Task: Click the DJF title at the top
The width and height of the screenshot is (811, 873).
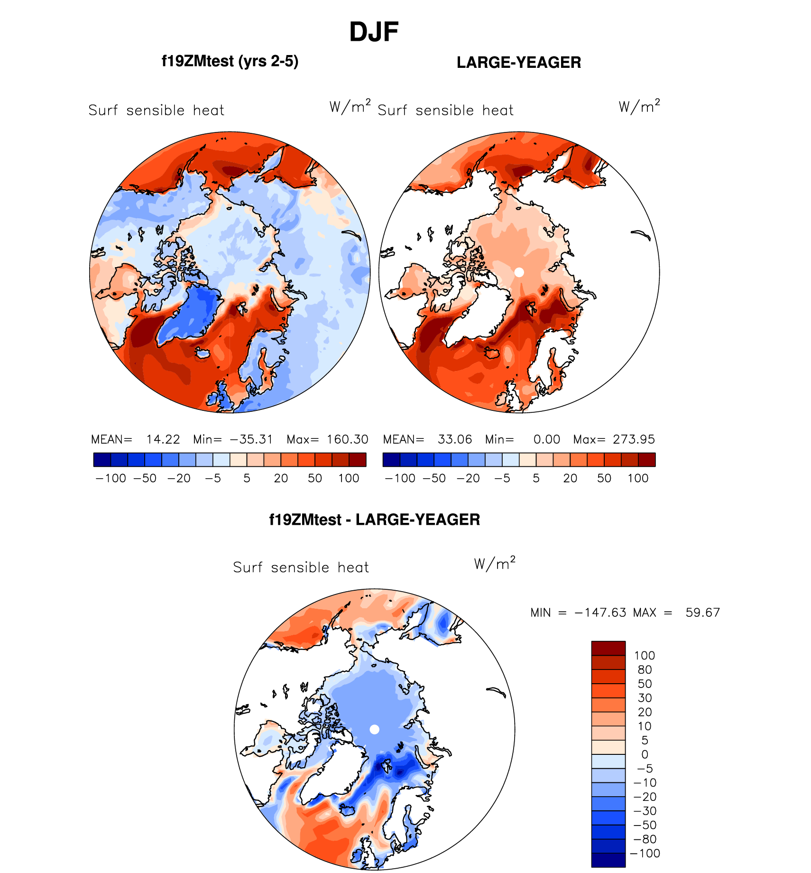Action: pyautogui.click(x=374, y=32)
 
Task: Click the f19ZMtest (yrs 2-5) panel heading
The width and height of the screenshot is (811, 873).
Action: pyautogui.click(x=230, y=61)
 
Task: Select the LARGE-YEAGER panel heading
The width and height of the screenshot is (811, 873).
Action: pyautogui.click(x=519, y=63)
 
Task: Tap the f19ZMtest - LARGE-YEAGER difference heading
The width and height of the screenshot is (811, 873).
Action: pyautogui.click(x=374, y=520)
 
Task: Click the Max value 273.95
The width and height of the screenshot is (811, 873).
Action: pyautogui.click(x=634, y=439)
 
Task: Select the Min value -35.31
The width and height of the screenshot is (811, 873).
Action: pyautogui.click(x=251, y=439)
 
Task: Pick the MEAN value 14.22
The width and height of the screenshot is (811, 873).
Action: pyautogui.click(x=163, y=439)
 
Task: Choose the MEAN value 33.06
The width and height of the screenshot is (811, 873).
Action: pyautogui.click(x=455, y=439)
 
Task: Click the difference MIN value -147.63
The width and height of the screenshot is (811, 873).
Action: pyautogui.click(x=600, y=613)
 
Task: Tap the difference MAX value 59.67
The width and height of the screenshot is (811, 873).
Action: pyautogui.click(x=702, y=613)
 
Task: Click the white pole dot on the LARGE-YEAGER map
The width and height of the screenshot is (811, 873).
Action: pyautogui.click(x=519, y=272)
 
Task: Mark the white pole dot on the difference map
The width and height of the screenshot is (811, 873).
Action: pyautogui.click(x=374, y=729)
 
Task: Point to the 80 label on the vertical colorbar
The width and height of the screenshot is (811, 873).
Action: pyautogui.click(x=645, y=669)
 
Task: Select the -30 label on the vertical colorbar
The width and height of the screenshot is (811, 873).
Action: pyautogui.click(x=645, y=811)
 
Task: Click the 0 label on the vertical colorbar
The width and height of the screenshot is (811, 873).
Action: pyautogui.click(x=645, y=754)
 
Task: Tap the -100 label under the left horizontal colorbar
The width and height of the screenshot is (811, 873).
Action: pyautogui.click(x=111, y=478)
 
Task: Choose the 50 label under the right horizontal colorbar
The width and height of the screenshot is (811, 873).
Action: pyautogui.click(x=604, y=478)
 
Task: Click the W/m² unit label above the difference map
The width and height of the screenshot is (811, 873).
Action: pyautogui.click(x=495, y=563)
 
